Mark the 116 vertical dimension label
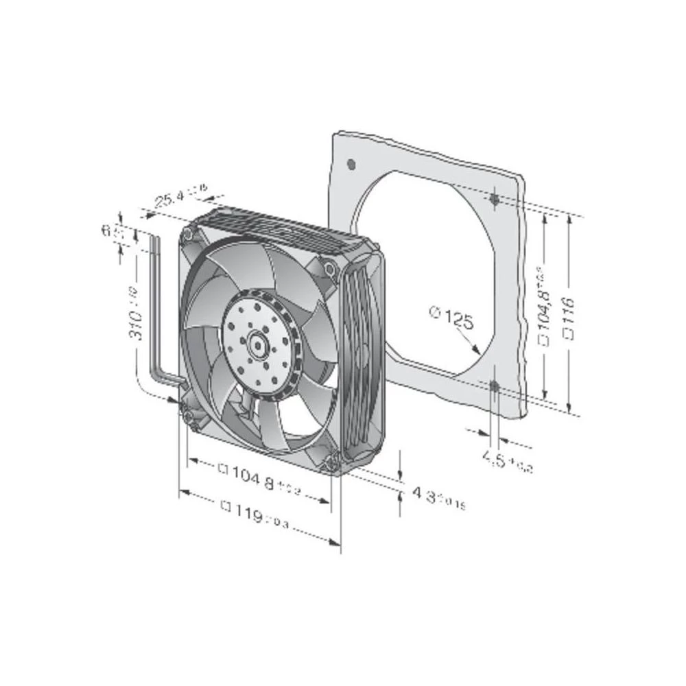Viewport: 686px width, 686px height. [567, 315]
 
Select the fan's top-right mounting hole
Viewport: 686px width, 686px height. [330, 269]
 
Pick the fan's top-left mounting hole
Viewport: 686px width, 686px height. [187, 234]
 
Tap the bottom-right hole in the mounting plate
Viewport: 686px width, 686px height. [494, 387]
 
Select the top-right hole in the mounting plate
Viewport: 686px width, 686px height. [495, 199]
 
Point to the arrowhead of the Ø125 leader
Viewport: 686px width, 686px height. [475, 350]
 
